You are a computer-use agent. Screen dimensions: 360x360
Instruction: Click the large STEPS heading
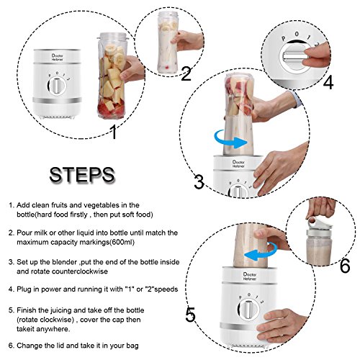click(x=82, y=175)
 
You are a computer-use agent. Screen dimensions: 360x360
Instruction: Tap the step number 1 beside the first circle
click(x=114, y=132)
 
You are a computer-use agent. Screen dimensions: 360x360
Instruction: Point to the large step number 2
click(x=186, y=73)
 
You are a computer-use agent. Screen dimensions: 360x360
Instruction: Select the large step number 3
click(x=199, y=182)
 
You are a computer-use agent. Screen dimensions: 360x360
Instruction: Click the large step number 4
click(x=328, y=82)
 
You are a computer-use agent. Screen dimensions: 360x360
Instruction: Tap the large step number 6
click(x=345, y=266)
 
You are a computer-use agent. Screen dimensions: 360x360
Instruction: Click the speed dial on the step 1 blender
click(x=57, y=86)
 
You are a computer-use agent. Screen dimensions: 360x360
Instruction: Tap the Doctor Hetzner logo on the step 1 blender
click(x=57, y=58)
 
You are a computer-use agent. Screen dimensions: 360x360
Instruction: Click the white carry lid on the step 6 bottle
click(x=316, y=226)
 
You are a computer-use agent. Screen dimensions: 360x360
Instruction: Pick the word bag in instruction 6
click(x=133, y=346)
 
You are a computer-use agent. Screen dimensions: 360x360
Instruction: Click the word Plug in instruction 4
click(x=24, y=289)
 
